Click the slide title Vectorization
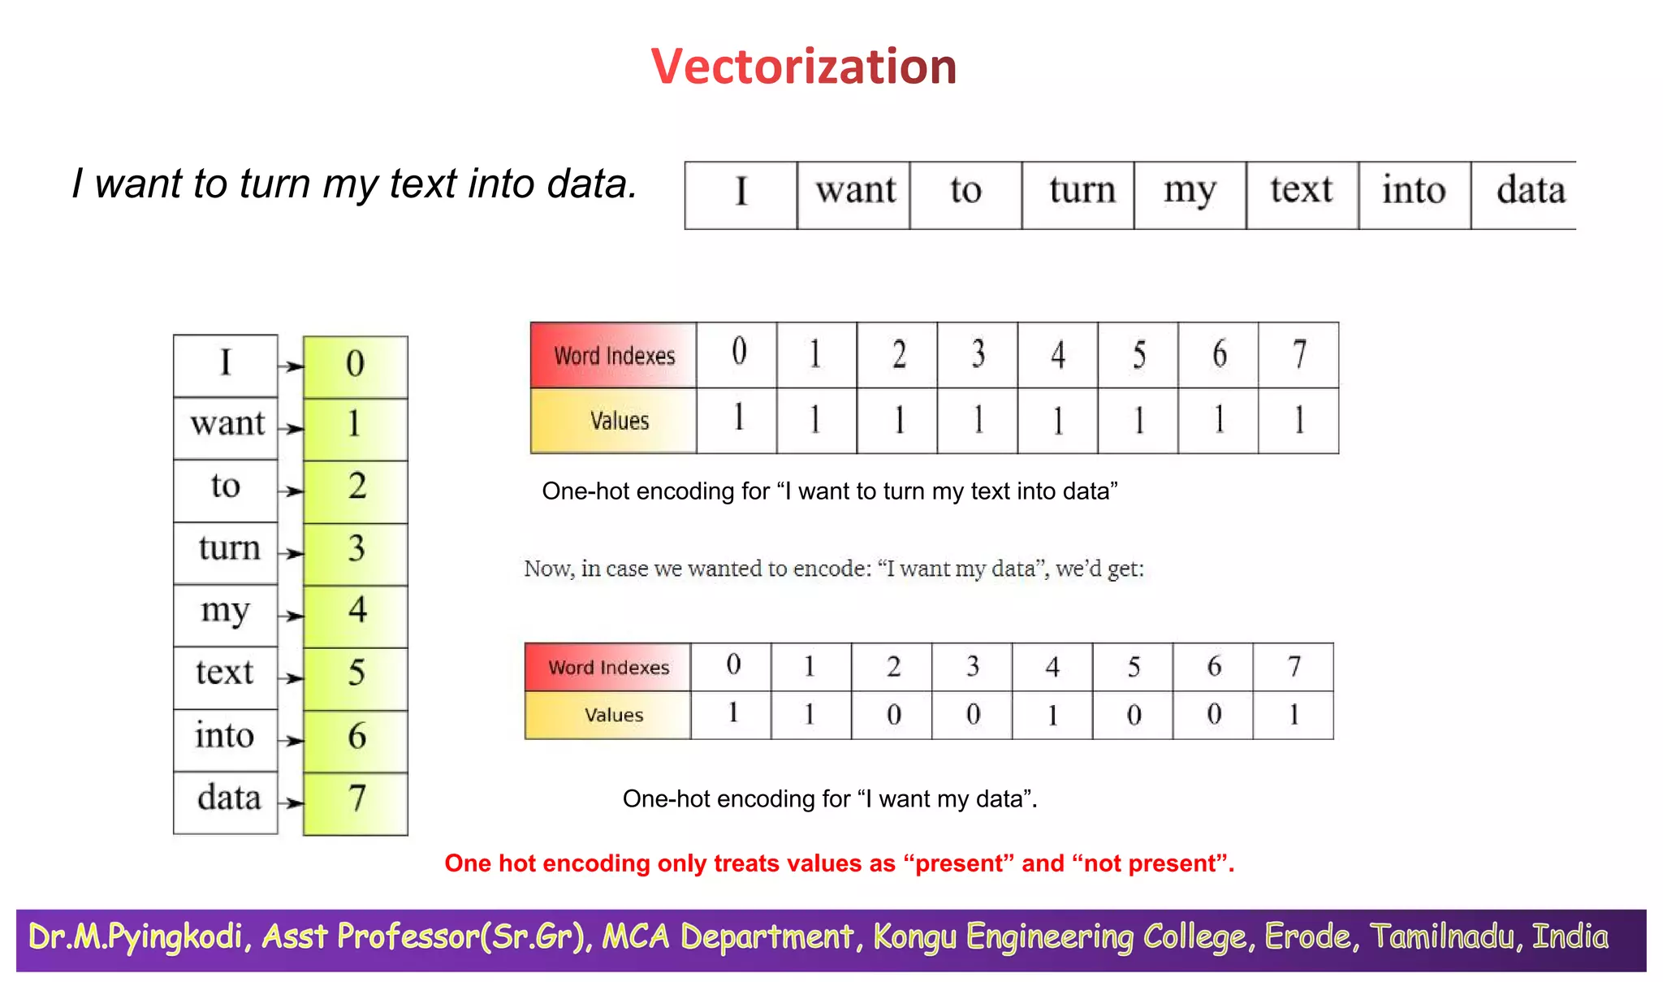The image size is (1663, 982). tap(803, 67)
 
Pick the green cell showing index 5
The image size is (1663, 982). tap(356, 678)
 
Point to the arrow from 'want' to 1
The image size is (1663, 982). tap(290, 429)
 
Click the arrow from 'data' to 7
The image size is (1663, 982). tap(290, 803)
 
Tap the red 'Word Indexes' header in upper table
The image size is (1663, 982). tap(613, 356)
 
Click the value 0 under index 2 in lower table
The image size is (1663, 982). tap(892, 715)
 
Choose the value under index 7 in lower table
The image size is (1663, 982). tap(1293, 715)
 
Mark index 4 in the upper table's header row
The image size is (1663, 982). tap(1057, 355)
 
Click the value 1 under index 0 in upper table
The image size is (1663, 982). tap(737, 420)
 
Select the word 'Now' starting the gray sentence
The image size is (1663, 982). tap(547, 569)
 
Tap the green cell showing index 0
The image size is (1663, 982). tap(356, 366)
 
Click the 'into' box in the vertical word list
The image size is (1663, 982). tap(225, 740)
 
